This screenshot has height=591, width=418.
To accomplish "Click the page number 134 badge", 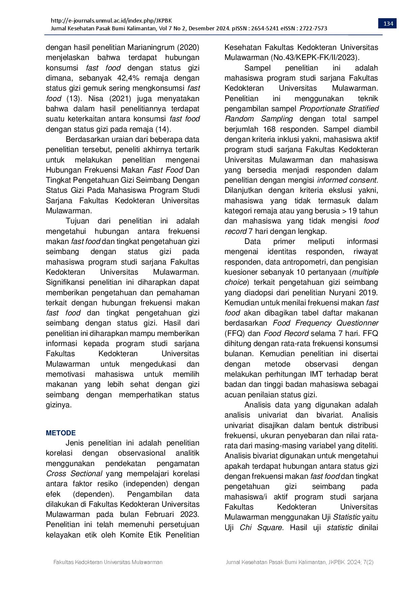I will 388,24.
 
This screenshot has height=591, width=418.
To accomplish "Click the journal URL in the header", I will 111,21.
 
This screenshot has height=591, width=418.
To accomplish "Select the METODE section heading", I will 61,433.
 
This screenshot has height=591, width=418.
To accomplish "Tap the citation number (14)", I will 163,129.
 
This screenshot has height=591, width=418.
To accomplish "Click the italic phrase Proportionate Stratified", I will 339,109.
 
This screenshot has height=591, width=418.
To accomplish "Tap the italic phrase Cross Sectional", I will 74,474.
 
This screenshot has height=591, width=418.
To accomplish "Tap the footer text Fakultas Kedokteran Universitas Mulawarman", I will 108,562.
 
